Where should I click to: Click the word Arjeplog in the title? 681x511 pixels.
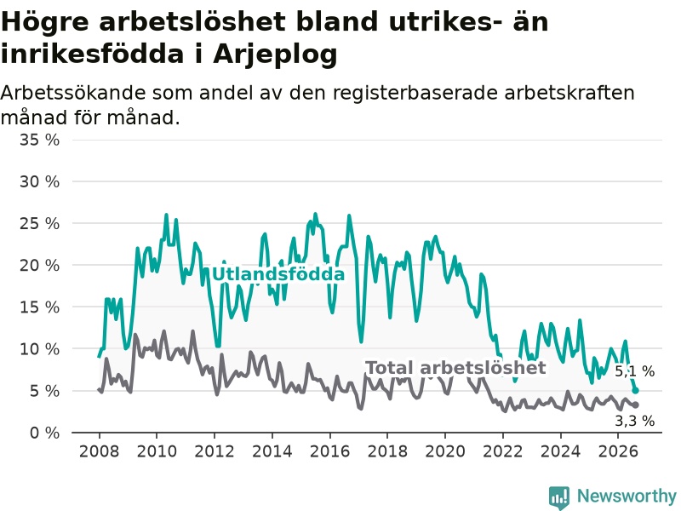(x=275, y=55)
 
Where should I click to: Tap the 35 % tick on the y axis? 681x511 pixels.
(x=39, y=140)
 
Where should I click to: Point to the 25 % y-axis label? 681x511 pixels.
(x=39, y=223)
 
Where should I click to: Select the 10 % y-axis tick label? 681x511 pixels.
(x=39, y=348)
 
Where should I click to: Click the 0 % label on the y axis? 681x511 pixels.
(x=44, y=433)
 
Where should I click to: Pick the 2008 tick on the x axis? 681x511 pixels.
(x=99, y=451)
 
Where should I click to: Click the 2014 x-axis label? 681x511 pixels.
(x=272, y=451)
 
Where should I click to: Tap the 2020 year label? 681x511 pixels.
(x=445, y=451)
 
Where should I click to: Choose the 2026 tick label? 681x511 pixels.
(x=618, y=451)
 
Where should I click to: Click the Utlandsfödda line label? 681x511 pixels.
(x=278, y=274)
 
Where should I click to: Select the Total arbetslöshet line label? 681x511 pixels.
(x=455, y=368)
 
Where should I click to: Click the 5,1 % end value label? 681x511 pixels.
(x=634, y=371)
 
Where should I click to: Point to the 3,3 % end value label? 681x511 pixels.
(x=634, y=421)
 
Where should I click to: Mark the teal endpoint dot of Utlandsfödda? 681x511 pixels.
(x=635, y=391)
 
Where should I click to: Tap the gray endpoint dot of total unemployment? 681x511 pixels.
(x=635, y=405)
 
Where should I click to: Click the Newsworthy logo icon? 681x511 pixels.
(x=559, y=497)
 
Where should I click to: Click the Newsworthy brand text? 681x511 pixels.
(x=627, y=496)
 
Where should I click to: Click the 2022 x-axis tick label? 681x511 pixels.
(x=502, y=451)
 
